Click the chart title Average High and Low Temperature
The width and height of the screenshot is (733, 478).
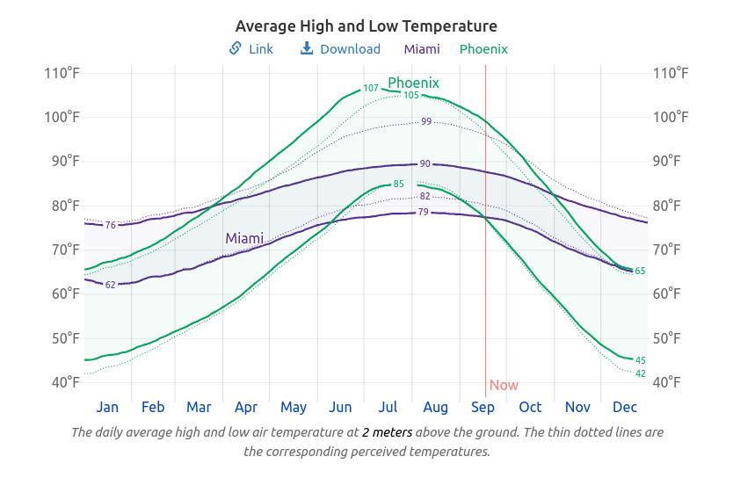coord(366,26)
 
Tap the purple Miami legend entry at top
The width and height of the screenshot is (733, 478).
coord(422,49)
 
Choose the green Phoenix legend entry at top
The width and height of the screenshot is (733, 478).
coord(483,49)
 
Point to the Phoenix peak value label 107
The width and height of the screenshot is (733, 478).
coord(371,89)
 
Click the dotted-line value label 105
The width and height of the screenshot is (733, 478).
coord(411,95)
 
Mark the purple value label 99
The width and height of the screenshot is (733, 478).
coord(426,121)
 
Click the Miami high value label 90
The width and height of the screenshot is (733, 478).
coord(425,164)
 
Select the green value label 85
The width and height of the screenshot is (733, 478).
coord(399,185)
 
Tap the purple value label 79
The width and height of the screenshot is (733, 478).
coord(424,212)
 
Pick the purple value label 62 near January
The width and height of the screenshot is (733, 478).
coord(111,285)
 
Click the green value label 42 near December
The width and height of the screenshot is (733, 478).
coord(641,374)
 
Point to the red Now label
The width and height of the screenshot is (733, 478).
coord(504,385)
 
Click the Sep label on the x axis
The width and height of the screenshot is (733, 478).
coord(483,408)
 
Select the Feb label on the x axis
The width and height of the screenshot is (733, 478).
coord(153,408)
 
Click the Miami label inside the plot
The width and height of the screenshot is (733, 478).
coord(244,238)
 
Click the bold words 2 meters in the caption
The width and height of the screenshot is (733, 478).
coord(387,432)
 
